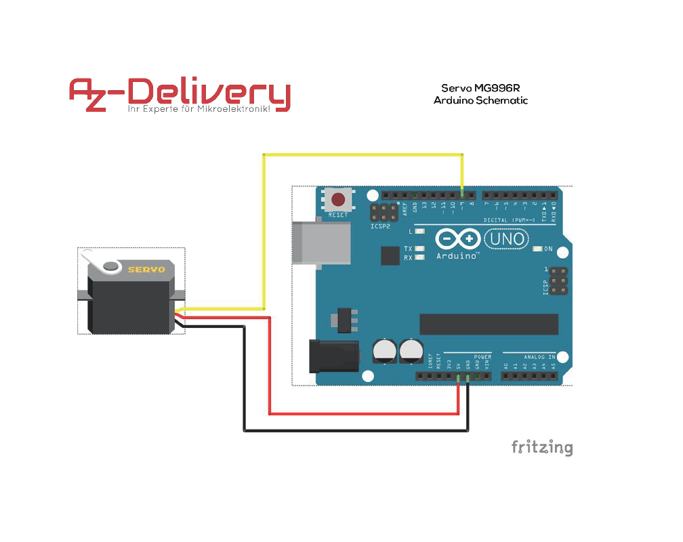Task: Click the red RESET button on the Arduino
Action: click(x=337, y=200)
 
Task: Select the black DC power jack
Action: click(x=331, y=356)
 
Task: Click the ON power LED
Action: click(x=538, y=249)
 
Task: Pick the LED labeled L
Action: click(x=420, y=232)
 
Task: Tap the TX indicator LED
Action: click(x=420, y=249)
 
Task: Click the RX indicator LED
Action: click(x=420, y=258)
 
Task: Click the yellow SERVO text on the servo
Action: click(x=146, y=270)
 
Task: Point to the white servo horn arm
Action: click(x=102, y=262)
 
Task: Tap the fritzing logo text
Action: click(x=541, y=448)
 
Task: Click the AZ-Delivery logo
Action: click(x=180, y=96)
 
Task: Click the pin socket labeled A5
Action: click(x=553, y=376)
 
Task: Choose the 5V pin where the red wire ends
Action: click(x=459, y=376)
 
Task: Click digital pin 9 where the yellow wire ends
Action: click(x=462, y=194)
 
